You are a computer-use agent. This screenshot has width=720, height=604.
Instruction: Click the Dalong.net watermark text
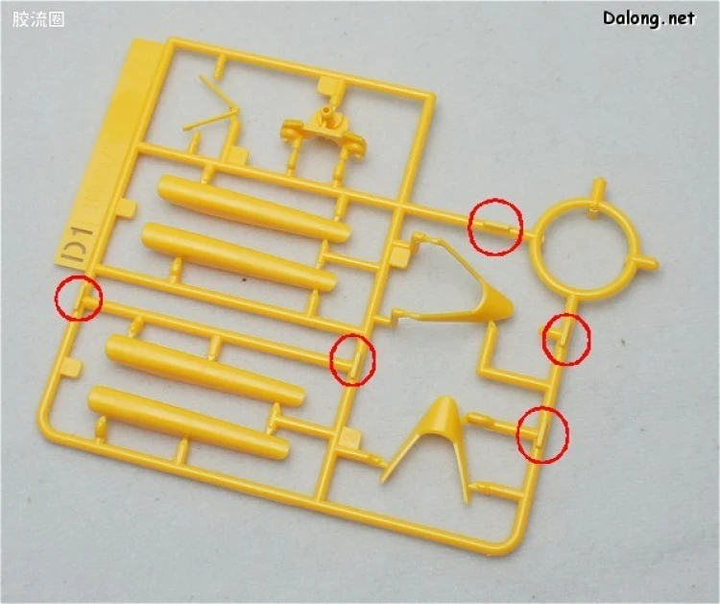tap(649, 18)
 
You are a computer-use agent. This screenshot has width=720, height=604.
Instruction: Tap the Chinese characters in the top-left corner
tap(38, 19)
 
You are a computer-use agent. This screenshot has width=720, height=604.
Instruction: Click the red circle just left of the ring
tap(495, 227)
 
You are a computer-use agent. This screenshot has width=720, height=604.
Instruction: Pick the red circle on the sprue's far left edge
tap(78, 298)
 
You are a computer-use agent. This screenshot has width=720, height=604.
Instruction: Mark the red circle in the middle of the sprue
tap(352, 360)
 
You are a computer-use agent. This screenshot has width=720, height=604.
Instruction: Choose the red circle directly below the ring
tap(566, 339)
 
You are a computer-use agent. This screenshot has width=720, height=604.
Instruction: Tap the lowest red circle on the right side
tap(542, 434)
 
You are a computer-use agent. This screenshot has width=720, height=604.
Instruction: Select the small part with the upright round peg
tap(324, 131)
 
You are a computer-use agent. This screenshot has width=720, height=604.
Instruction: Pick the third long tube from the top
tap(204, 370)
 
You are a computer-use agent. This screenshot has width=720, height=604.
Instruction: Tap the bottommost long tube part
tap(188, 423)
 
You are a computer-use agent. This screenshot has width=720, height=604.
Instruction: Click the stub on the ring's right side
tap(648, 263)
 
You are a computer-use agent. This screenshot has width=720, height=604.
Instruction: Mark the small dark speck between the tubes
tap(244, 279)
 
